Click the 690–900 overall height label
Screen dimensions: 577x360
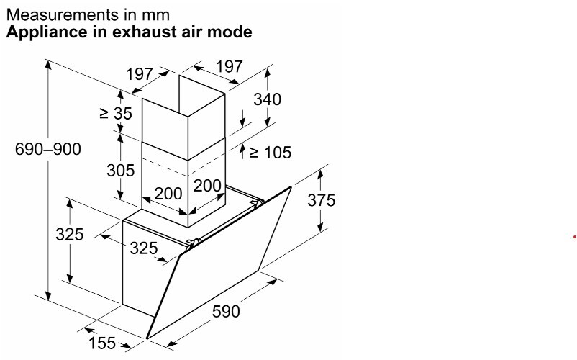coord(48,149)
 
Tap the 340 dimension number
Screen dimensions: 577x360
coord(267,99)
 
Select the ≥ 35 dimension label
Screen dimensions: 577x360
coord(116,113)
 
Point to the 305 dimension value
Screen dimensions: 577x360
coord(121,170)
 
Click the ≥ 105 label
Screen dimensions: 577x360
coord(271,152)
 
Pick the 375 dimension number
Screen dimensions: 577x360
coord(322,200)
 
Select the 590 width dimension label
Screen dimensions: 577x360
coord(226,312)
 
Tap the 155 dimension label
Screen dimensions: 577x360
coord(102,343)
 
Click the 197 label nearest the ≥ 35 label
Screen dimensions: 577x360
coord(140,74)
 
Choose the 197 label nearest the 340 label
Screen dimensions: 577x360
coord(230,67)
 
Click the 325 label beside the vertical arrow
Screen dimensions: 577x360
coord(70,234)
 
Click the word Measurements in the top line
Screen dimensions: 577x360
coord(57,15)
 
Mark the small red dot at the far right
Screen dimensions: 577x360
coord(574,237)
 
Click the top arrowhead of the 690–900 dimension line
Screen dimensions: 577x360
coord(48,65)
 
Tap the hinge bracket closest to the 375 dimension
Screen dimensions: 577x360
coord(258,202)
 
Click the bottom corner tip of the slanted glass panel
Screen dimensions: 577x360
coord(147,338)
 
